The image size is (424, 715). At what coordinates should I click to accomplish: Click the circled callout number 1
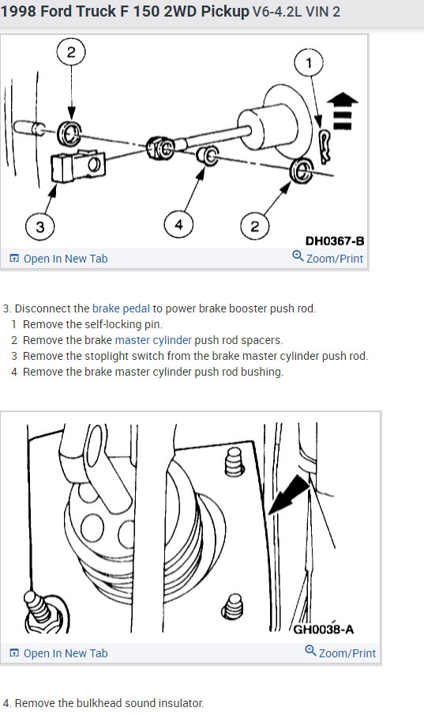point(309,62)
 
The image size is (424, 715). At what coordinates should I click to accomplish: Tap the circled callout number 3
point(40,227)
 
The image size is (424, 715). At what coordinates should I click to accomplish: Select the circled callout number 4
point(178,225)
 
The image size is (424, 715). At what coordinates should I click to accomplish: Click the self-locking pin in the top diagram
point(325,146)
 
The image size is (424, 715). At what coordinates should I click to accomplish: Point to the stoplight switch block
point(78,165)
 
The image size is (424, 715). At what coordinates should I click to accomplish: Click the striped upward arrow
point(343,111)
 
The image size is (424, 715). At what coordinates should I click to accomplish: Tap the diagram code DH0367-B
point(335,240)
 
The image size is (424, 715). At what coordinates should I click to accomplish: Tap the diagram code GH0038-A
point(324,630)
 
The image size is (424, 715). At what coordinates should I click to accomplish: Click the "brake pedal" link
point(121,308)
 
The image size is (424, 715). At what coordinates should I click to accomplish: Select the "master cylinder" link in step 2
point(153,340)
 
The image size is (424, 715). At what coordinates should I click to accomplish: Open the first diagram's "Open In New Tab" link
point(58,259)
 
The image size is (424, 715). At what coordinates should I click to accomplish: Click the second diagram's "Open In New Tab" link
point(58,653)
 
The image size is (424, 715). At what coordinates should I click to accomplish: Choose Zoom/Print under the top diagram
point(328,258)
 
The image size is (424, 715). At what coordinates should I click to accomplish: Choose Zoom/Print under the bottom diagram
point(340,653)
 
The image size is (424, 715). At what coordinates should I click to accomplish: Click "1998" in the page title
point(18,11)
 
